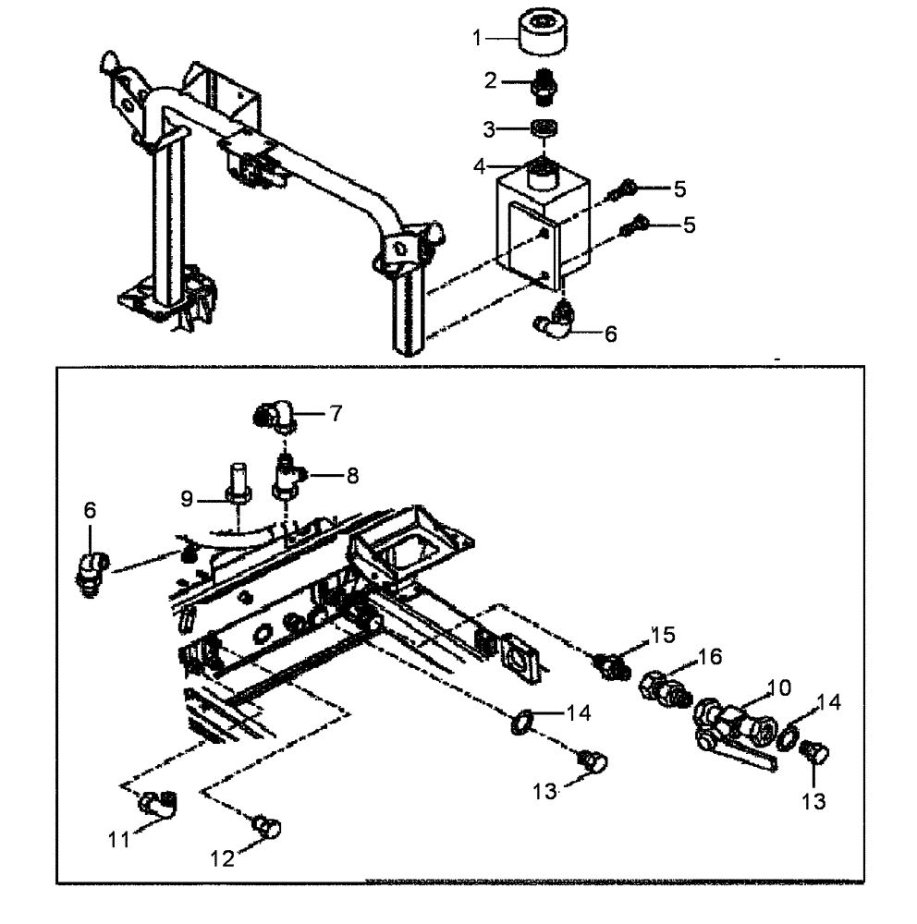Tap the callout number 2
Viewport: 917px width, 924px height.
pyautogui.click(x=492, y=80)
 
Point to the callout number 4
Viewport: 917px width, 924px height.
pyautogui.click(x=480, y=167)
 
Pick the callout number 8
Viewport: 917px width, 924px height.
pyautogui.click(x=352, y=476)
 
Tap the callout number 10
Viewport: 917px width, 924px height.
pyautogui.click(x=778, y=687)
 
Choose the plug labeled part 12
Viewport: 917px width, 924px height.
pyautogui.click(x=269, y=825)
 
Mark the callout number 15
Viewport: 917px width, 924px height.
pyautogui.click(x=662, y=636)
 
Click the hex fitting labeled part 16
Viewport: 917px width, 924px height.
pyautogui.click(x=662, y=689)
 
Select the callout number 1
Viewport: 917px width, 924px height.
pyautogui.click(x=478, y=38)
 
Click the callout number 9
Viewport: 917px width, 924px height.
pyautogui.click(x=188, y=499)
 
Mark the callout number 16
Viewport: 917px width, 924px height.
pyautogui.click(x=709, y=657)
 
